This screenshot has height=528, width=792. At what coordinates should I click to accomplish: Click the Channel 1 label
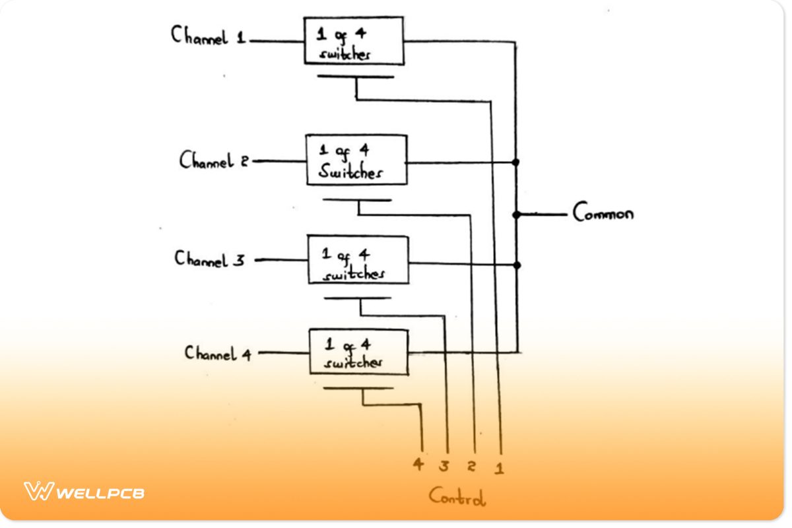click(x=209, y=36)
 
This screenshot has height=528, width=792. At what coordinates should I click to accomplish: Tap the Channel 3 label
click(x=210, y=258)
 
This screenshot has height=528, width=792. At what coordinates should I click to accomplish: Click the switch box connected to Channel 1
click(x=354, y=41)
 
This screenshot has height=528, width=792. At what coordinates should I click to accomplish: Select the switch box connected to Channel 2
click(x=356, y=160)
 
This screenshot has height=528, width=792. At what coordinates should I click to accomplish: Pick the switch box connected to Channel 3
click(x=358, y=260)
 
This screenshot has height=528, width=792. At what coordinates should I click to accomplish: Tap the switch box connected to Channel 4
click(x=358, y=352)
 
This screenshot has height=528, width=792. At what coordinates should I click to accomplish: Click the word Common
click(x=603, y=213)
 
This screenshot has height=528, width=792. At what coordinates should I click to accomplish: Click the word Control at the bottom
click(x=457, y=496)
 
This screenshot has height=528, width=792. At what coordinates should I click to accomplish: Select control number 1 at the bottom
click(x=500, y=468)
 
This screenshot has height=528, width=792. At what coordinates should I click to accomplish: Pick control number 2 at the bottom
click(x=471, y=467)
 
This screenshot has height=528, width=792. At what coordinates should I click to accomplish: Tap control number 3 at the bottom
click(x=444, y=467)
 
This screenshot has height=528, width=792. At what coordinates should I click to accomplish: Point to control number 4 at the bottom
click(x=418, y=465)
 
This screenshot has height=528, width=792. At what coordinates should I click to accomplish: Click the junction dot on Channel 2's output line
click(x=515, y=162)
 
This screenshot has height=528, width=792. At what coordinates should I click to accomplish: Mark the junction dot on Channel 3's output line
click(x=517, y=265)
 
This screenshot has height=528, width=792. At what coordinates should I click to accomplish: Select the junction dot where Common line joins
click(x=516, y=214)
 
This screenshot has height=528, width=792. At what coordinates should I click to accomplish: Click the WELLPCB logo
click(x=84, y=492)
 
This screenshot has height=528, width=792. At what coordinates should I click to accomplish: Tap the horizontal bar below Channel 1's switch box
click(x=355, y=77)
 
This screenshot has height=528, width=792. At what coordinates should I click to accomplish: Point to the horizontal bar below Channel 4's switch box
click(x=358, y=388)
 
